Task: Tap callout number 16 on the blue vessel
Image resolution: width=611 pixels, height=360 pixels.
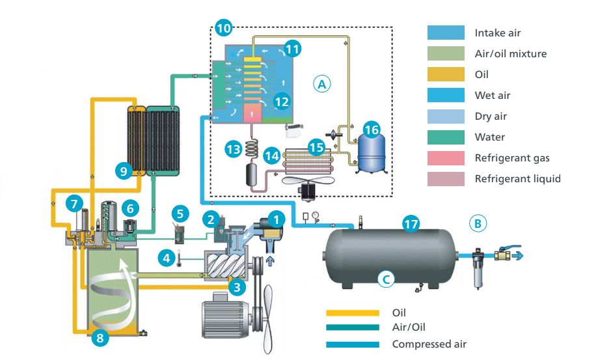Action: [x=372, y=130]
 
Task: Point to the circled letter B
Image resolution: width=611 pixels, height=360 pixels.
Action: [x=478, y=223]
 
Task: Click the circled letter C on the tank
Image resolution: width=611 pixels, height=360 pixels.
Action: [x=386, y=279]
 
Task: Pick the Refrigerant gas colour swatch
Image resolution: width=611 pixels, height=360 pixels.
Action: [x=446, y=158]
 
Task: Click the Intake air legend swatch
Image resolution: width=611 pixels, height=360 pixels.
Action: [x=446, y=33]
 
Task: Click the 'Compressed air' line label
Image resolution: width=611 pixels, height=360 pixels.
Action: [x=429, y=344]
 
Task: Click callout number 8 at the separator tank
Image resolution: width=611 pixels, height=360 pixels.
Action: [x=100, y=337]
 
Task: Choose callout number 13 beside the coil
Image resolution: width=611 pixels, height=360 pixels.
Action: [x=233, y=148]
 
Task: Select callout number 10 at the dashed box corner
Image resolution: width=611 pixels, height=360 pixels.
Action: [x=223, y=28]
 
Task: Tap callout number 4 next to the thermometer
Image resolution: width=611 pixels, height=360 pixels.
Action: [x=167, y=258]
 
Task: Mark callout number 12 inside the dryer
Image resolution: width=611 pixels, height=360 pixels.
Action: [x=281, y=101]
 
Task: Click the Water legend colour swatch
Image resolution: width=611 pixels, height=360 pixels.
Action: [x=446, y=137]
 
